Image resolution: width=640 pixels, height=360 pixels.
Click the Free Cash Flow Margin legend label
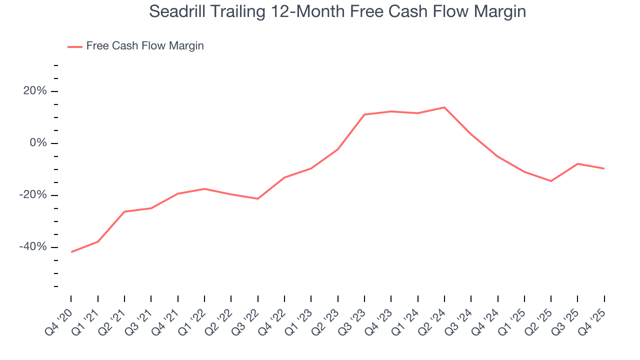click(145, 46)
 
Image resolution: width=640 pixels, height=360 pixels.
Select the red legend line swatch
click(75, 46)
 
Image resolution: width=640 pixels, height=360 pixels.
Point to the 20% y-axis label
click(34, 91)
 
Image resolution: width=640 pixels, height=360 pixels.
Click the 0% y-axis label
click(38, 143)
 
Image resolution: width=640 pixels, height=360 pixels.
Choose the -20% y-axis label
click(33, 195)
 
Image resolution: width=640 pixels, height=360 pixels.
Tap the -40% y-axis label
click(33, 247)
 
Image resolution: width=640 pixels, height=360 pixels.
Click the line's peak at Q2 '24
click(444, 107)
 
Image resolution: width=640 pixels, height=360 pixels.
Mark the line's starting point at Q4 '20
click(71, 252)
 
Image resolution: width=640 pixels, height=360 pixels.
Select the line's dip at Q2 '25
click(551, 181)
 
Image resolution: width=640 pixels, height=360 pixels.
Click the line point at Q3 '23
click(364, 114)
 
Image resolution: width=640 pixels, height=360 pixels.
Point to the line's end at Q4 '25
click(604, 168)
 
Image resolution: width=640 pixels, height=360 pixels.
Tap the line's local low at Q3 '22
click(258, 199)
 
